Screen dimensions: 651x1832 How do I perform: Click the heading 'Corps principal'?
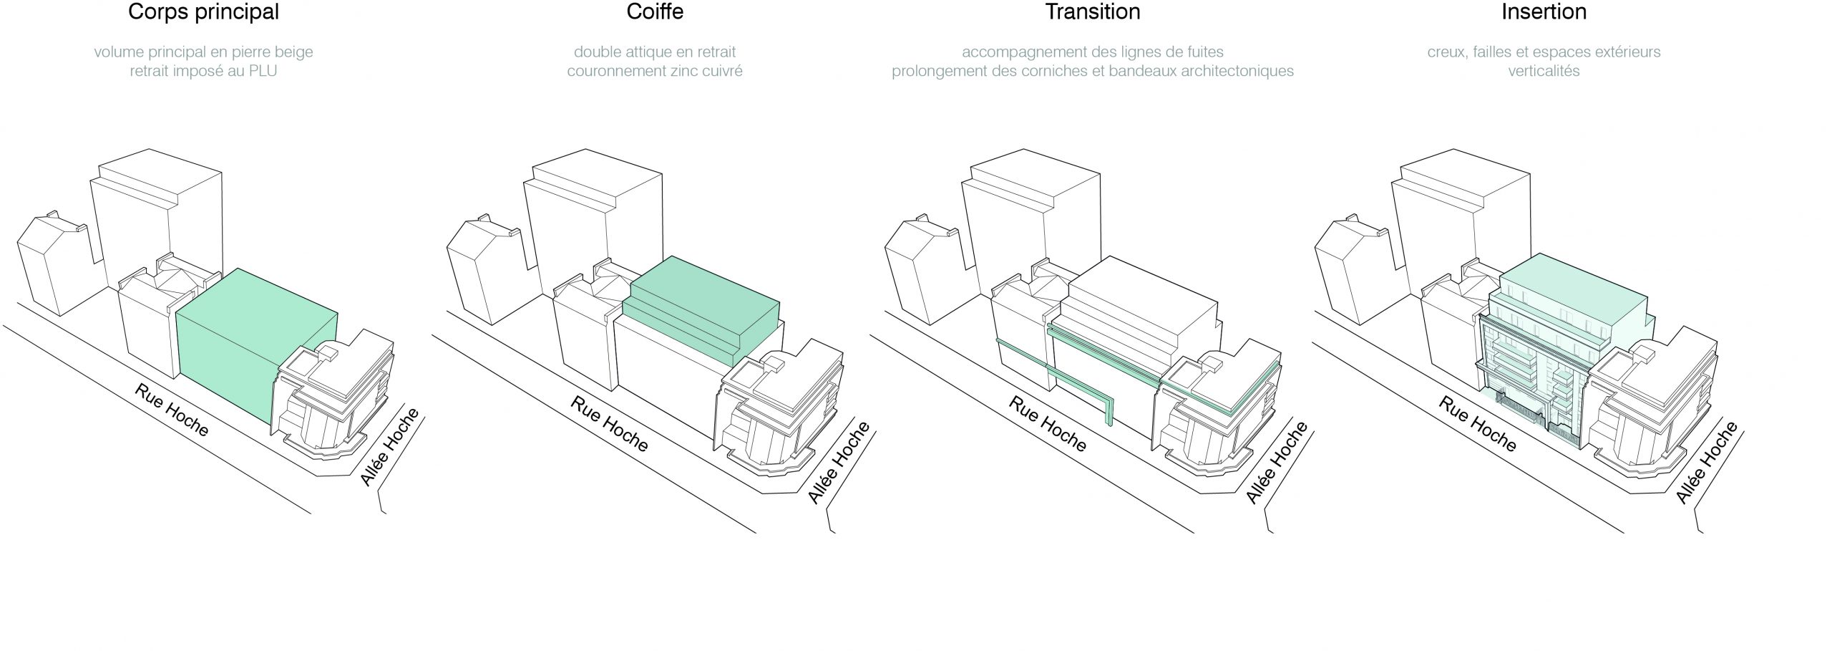coord(203,12)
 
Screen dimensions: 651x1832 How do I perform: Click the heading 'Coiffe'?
coord(654,12)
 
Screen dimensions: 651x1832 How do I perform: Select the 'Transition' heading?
coord(1092,12)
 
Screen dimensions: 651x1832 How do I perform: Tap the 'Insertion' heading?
coord(1544,12)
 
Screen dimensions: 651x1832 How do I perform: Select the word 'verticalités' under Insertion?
coord(1544,72)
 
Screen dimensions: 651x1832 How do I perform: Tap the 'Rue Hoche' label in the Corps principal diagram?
coord(172,410)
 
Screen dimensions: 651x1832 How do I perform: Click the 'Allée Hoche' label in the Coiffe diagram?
coord(839,463)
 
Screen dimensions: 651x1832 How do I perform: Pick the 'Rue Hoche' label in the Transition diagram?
coord(1048,424)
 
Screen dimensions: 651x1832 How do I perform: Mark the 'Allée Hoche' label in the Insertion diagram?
coord(1707,463)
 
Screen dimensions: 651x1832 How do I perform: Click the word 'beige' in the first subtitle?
coord(293,52)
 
